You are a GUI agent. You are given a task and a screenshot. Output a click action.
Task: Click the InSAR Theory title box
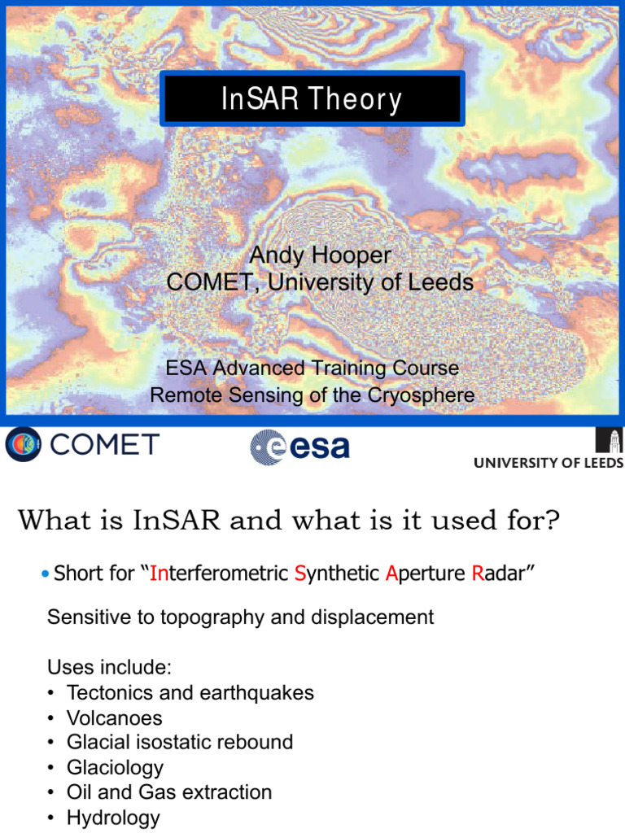click(312, 99)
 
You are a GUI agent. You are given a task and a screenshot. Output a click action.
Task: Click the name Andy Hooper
click(320, 255)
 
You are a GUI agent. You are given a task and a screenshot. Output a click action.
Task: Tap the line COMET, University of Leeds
click(320, 282)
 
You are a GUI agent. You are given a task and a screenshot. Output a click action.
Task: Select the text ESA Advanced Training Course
click(312, 369)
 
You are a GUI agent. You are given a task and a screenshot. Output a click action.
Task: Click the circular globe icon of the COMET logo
click(21, 445)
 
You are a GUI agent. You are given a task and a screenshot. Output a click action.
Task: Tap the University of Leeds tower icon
click(611, 440)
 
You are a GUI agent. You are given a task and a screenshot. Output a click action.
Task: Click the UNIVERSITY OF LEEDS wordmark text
click(549, 464)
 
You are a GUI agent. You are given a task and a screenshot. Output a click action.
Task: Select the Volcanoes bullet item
click(114, 718)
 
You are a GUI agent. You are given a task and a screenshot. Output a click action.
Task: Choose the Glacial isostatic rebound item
click(179, 743)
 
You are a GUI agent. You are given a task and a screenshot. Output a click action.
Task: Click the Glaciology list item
click(115, 768)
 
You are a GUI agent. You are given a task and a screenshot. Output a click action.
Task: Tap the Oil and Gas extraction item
click(168, 792)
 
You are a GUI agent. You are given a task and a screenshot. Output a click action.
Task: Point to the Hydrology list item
click(113, 818)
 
